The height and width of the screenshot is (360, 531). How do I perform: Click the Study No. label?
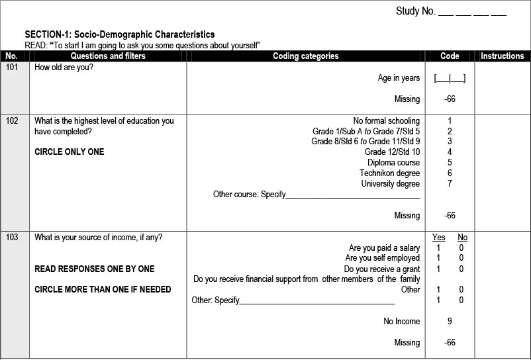point(416,11)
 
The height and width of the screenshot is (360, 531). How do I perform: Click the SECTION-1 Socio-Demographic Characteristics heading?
point(119,34)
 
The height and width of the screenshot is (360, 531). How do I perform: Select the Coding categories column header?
point(305,56)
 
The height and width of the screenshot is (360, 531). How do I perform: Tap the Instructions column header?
point(502,56)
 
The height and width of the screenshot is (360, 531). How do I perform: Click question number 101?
point(12,67)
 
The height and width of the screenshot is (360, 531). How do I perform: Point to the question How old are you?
point(64,67)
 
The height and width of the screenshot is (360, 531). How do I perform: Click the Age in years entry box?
point(450,78)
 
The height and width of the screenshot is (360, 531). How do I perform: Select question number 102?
point(12,121)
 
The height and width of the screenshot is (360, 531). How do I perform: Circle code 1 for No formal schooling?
point(450,121)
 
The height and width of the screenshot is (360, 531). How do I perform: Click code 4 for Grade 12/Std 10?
point(450,152)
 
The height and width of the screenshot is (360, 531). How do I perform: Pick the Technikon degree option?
point(389,173)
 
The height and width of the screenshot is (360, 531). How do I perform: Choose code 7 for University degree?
point(450,183)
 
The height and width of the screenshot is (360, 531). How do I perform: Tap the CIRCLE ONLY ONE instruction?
point(69,152)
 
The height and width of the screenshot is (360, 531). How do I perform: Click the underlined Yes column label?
point(438,238)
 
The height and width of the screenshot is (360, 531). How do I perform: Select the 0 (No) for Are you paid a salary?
point(461,248)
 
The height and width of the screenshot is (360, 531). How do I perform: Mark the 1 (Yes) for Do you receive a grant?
point(438,269)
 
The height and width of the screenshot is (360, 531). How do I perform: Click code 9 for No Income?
point(450,322)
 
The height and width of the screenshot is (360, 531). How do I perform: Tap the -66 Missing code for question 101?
point(450,99)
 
